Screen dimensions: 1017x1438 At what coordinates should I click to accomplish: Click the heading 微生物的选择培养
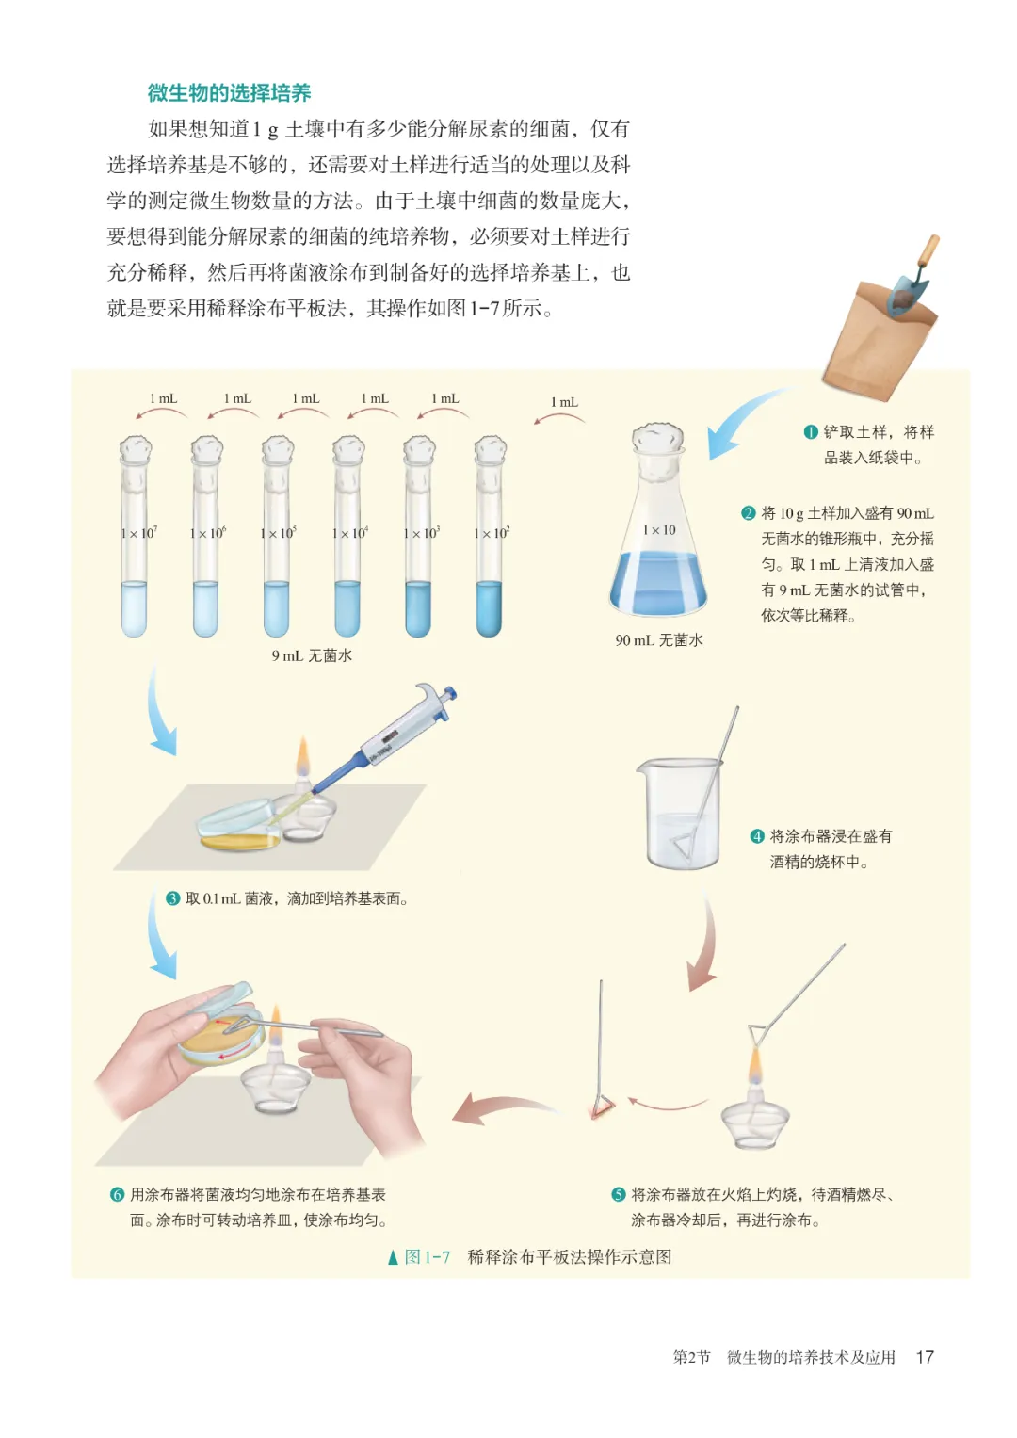pos(229,93)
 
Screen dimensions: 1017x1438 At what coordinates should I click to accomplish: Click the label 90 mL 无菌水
pos(659,640)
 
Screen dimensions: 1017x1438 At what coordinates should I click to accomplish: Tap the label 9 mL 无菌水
pos(312,655)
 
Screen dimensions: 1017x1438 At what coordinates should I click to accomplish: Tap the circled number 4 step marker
pos(758,836)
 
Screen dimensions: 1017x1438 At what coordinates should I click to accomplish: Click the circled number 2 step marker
pos(749,513)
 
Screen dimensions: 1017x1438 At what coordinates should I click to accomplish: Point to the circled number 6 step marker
pos(117,1195)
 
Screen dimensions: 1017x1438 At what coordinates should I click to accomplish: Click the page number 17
pos(925,1357)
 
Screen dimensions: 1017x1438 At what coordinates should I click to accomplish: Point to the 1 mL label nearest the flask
pos(564,402)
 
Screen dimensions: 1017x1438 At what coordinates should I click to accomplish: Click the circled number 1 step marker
pos(811,432)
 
